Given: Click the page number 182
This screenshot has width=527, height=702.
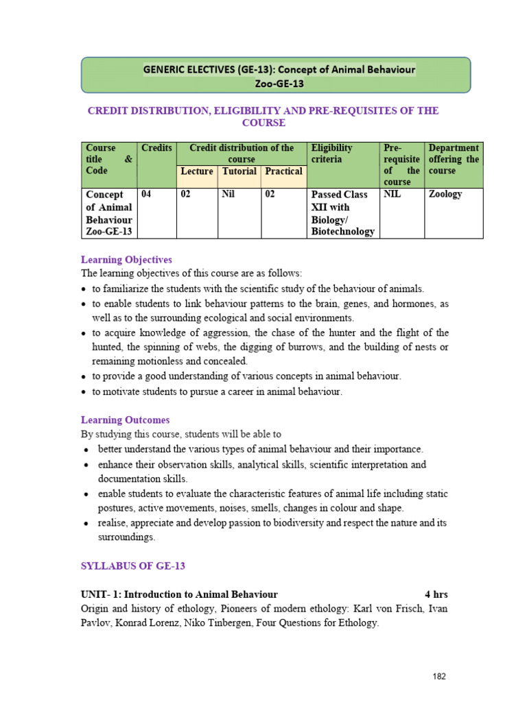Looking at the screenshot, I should [x=439, y=677].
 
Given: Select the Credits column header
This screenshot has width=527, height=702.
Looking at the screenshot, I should [x=156, y=148].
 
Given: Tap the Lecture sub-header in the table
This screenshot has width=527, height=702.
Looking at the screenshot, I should [x=196, y=171].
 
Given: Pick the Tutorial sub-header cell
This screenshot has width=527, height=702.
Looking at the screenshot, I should [x=239, y=171].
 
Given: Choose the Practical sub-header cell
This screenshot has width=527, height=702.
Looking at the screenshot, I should [x=283, y=171].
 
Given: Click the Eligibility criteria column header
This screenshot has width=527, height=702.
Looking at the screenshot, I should [x=331, y=153].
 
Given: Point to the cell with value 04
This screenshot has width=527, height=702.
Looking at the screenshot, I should [x=147, y=195].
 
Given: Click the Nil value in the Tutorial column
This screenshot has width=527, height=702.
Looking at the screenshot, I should [x=229, y=195].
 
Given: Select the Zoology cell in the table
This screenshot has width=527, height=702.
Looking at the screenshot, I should [x=445, y=195].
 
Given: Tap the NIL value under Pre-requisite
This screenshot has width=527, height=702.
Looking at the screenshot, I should [x=393, y=195].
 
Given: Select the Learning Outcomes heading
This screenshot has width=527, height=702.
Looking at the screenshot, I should [x=125, y=420].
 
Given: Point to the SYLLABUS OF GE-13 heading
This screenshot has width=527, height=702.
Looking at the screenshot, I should [x=133, y=566].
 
